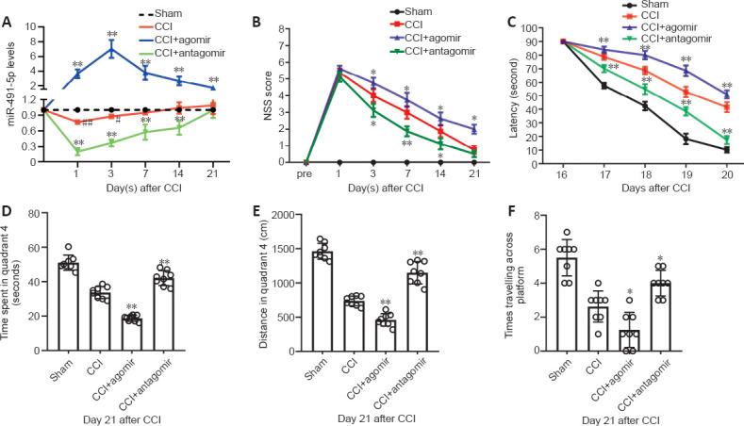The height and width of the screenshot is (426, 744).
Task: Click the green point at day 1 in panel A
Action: (x=75, y=151)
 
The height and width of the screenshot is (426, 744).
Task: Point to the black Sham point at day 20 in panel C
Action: (x=726, y=150)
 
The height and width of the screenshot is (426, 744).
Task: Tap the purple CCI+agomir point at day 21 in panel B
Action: (x=473, y=128)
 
